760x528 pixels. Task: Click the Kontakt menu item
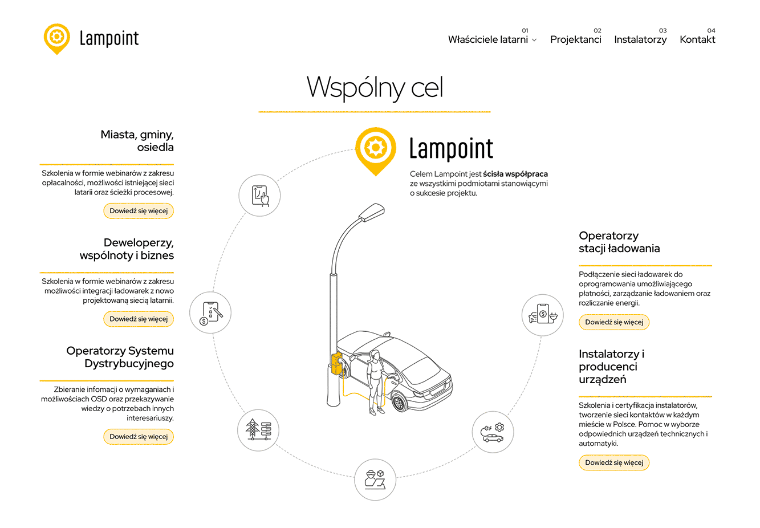click(697, 39)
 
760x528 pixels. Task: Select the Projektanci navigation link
click(575, 39)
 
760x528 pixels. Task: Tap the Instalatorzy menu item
click(640, 39)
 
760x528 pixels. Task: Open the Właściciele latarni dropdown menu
click(492, 39)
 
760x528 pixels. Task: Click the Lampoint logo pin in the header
click(56, 38)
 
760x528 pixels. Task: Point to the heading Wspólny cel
click(375, 87)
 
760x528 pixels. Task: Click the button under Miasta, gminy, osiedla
click(139, 211)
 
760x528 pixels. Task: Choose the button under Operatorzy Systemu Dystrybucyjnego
click(139, 437)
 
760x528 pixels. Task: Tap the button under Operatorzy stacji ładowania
click(614, 322)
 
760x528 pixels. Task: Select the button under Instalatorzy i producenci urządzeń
click(614, 462)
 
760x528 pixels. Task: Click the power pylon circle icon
click(258, 430)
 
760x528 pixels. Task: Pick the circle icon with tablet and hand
click(259, 196)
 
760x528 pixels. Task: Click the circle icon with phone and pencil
click(210, 312)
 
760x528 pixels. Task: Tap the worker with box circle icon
click(375, 480)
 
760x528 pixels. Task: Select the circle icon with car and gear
click(493, 432)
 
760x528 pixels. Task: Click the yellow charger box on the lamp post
click(336, 364)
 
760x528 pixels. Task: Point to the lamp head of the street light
click(371, 212)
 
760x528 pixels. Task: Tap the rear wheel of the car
click(399, 403)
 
